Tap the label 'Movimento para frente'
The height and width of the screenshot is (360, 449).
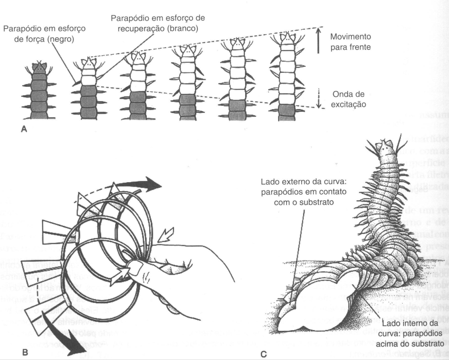pyautogui.click(x=351, y=42)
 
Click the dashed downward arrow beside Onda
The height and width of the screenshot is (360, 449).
pyautogui.click(x=318, y=97)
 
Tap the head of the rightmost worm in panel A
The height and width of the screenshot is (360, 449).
pyautogui.click(x=288, y=38)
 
